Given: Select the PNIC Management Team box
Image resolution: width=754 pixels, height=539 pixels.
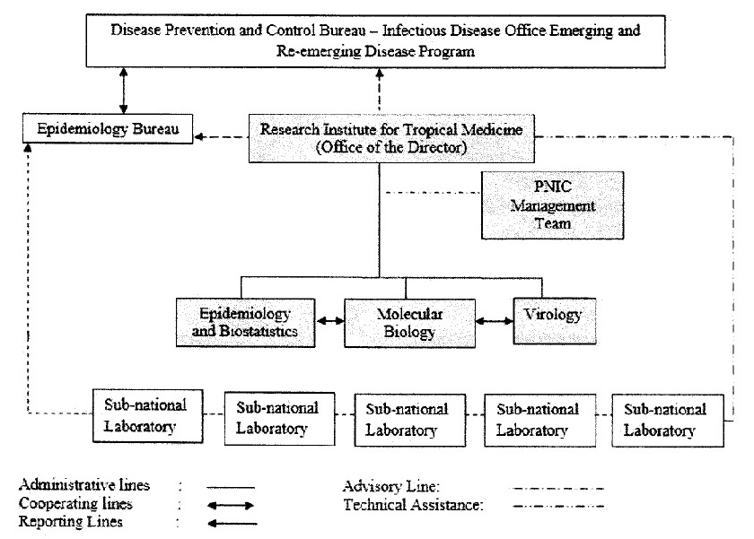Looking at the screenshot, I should click(x=552, y=205).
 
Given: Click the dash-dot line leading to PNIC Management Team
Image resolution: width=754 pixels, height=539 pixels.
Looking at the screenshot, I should click(x=431, y=191).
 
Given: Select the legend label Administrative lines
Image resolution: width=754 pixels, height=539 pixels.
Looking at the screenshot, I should click(x=84, y=486).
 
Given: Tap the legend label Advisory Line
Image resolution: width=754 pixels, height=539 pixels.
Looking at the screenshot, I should click(x=391, y=486).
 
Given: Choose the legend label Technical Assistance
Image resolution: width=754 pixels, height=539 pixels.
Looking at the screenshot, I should click(x=413, y=505).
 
